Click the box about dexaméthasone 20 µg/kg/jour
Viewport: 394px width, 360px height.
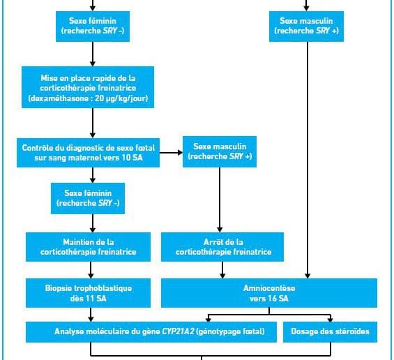click(x=88, y=87)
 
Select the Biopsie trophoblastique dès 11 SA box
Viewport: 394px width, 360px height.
click(x=88, y=293)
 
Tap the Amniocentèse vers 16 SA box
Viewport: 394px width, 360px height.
click(x=269, y=293)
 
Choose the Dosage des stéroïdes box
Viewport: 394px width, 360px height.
click(x=330, y=332)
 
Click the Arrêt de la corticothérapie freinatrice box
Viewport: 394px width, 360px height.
click(x=222, y=247)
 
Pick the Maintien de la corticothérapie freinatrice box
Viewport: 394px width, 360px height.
click(x=88, y=247)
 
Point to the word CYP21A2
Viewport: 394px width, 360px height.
click(x=178, y=331)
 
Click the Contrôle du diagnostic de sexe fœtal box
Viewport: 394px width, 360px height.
click(x=88, y=153)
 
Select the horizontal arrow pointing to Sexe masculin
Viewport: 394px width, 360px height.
click(x=171, y=152)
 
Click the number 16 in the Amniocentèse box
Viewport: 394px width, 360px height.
click(x=272, y=299)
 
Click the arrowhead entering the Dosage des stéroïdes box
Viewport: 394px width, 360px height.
click(x=330, y=320)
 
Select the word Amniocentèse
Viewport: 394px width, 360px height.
click(x=269, y=288)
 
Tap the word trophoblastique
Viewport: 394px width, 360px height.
click(x=103, y=288)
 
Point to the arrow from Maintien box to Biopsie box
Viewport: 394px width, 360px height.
click(x=91, y=270)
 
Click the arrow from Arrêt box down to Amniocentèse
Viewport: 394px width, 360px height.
click(x=222, y=270)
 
